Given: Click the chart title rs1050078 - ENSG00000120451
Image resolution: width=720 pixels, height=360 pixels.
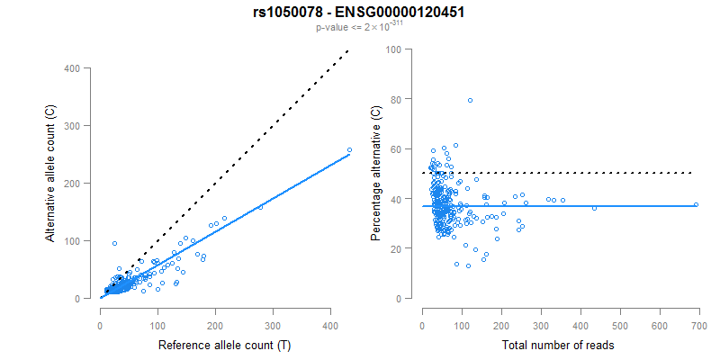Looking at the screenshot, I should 359,13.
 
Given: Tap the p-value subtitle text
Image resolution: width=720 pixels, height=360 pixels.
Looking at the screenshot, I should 359,27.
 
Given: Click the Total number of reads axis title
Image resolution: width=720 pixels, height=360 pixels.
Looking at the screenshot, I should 558,346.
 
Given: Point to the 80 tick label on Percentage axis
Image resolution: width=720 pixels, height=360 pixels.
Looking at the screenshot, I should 395,99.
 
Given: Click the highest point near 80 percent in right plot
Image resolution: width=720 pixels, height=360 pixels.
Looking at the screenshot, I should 470,100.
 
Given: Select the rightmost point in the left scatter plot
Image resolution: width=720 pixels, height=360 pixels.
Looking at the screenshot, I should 349,149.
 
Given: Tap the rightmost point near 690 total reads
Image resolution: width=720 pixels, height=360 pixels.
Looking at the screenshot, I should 696,205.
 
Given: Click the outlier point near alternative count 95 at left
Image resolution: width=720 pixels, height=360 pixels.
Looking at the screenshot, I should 114,243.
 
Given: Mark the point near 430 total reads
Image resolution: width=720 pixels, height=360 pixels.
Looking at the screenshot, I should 594,208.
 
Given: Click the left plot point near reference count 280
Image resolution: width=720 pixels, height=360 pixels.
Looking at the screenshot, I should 261,207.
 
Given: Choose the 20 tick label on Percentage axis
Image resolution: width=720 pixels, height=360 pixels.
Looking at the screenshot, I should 395,248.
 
